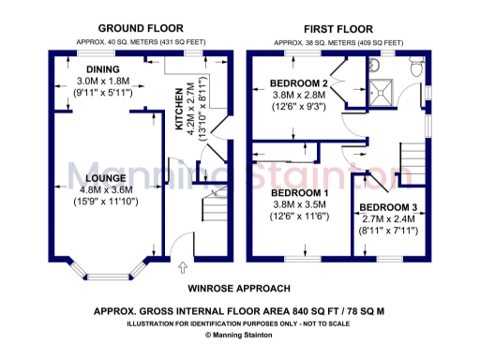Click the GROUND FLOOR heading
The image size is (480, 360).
coord(141,28)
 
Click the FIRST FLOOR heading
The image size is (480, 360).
coord(337,28)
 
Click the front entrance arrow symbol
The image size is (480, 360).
coord(183,267)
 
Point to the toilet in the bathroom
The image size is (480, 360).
coord(416,64)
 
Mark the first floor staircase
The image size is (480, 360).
coord(410,161)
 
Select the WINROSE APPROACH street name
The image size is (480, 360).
coord(239,289)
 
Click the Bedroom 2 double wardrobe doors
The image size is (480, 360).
coord(339,89)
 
